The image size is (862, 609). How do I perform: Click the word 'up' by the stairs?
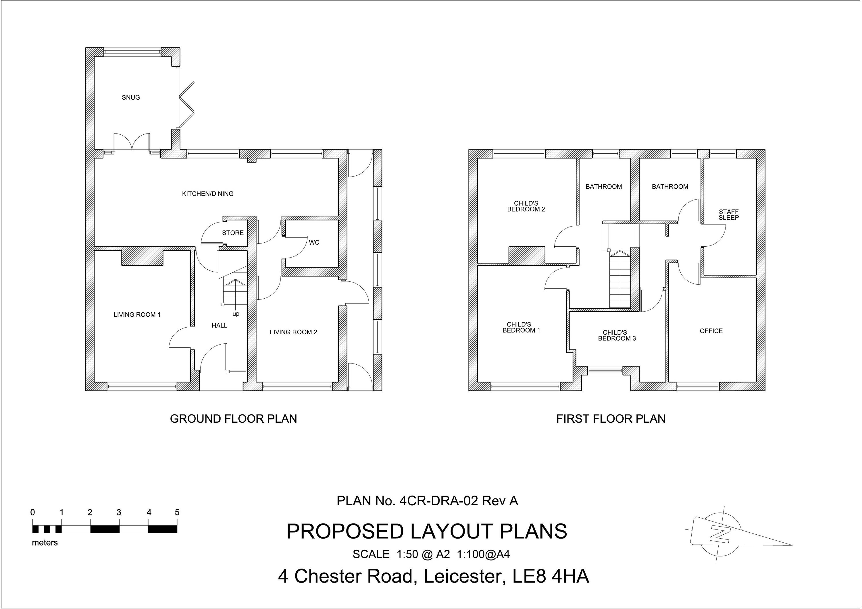pos(236,314)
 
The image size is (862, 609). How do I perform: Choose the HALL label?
pos(219,326)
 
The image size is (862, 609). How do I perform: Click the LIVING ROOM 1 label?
pos(137,315)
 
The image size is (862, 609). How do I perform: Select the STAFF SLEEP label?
pos(728,215)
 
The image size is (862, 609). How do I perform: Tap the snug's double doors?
pos(132,143)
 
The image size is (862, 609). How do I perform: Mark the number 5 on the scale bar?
pos(177,513)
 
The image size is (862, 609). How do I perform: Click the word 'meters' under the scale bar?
pos(45,543)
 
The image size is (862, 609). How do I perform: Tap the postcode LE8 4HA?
pos(551,576)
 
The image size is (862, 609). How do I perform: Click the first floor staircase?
pos(619,280)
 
